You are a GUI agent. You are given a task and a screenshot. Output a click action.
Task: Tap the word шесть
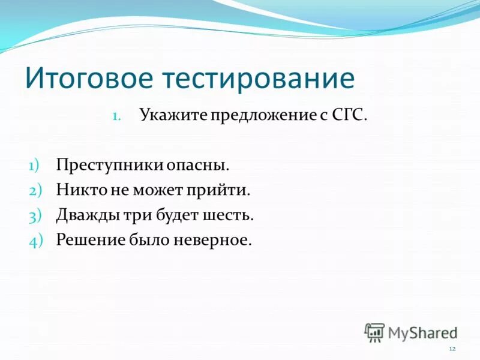(x=232, y=215)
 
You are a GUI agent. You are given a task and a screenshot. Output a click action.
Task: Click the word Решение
(x=88, y=241)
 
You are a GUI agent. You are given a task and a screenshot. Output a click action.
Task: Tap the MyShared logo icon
(x=374, y=332)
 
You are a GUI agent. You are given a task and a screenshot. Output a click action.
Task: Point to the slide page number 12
(x=452, y=349)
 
